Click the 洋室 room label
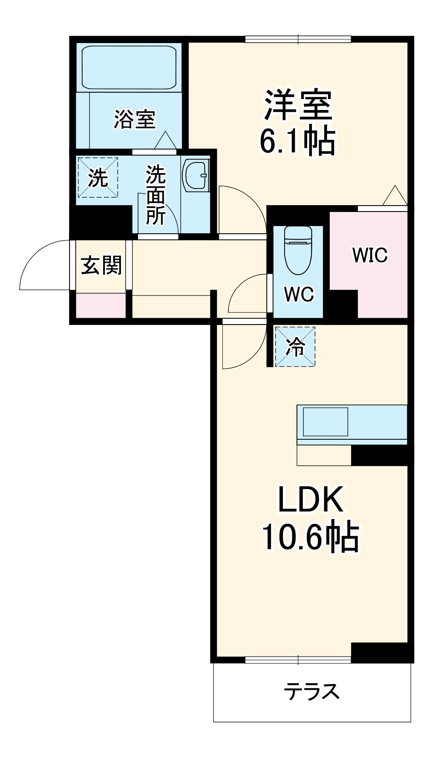click(x=298, y=104)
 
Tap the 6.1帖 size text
click(x=298, y=141)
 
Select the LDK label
click(x=311, y=499)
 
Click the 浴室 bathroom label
click(x=135, y=119)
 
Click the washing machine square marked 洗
click(x=98, y=177)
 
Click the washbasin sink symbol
click(x=196, y=175)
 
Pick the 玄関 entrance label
click(x=101, y=265)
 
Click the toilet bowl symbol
click(x=298, y=249)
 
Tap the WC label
click(x=299, y=294)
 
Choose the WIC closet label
click(x=370, y=255)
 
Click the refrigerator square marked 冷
click(x=295, y=347)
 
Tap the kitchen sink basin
click(x=325, y=422)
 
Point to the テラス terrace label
click(x=312, y=691)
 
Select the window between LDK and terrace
click(x=298, y=660)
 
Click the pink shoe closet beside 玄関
click(x=101, y=305)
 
